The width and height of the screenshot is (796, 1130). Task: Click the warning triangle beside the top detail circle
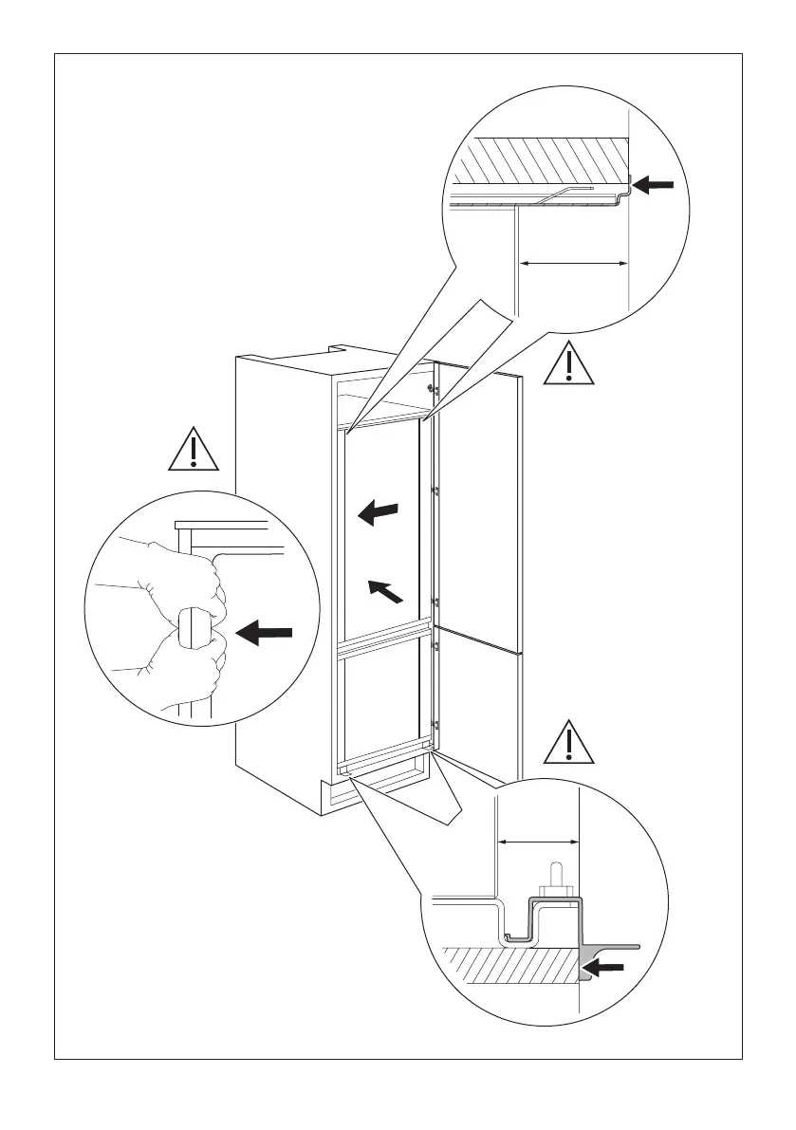click(569, 363)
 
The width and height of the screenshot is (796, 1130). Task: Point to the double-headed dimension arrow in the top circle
click(573, 263)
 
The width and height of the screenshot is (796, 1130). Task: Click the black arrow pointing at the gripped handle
click(265, 634)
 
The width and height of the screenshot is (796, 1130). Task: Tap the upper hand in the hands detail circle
click(185, 580)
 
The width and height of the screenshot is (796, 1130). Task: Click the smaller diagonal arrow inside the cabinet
click(389, 591)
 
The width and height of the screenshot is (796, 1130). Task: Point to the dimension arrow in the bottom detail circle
click(538, 841)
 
